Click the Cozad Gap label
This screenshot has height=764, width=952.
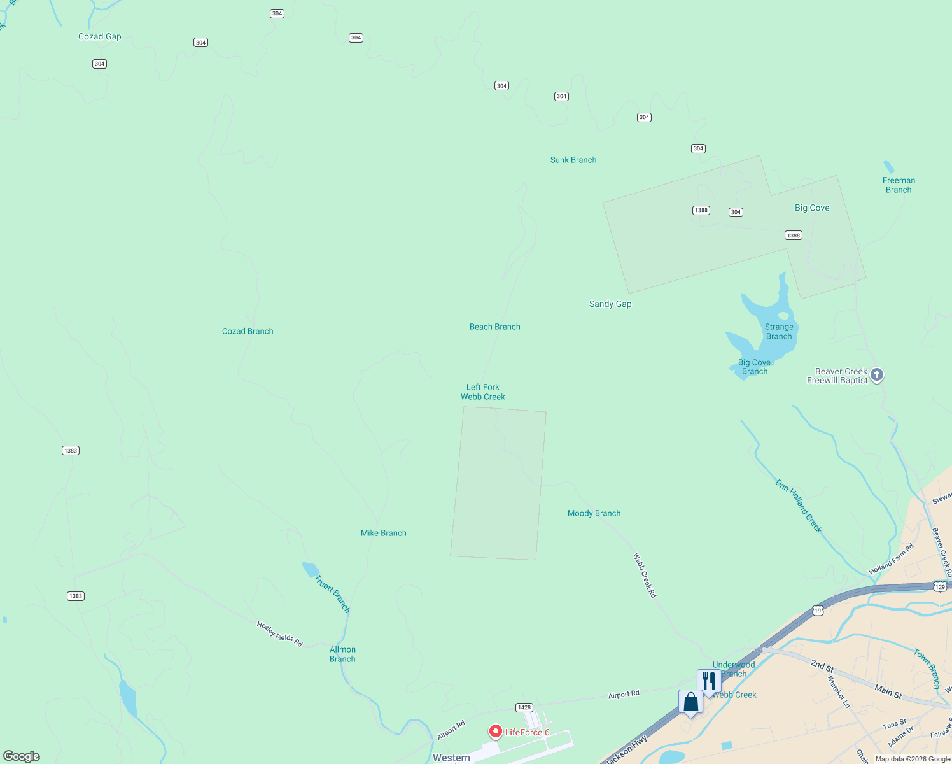(x=99, y=37)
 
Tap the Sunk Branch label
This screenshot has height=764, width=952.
(x=573, y=160)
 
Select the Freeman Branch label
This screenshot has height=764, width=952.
(x=899, y=185)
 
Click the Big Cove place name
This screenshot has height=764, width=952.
(x=812, y=208)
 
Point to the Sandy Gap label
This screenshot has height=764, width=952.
(x=610, y=304)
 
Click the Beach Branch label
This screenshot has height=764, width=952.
(x=495, y=327)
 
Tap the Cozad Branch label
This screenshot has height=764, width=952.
(x=248, y=332)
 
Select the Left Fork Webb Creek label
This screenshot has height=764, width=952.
(x=483, y=392)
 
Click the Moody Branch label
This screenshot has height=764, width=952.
(x=594, y=514)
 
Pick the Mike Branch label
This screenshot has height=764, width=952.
(x=383, y=534)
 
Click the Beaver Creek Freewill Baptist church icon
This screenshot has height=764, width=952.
(x=877, y=375)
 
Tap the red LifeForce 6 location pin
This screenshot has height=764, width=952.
(x=495, y=732)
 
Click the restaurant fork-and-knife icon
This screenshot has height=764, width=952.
(x=709, y=681)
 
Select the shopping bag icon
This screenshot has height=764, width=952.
(x=691, y=702)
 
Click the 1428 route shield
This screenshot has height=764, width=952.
(x=524, y=707)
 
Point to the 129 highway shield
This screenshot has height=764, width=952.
(x=940, y=587)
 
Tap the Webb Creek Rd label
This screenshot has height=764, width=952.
(x=644, y=575)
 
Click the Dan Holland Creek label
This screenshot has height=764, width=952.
(x=799, y=506)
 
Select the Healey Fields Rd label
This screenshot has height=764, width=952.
(x=279, y=634)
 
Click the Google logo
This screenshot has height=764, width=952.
(x=22, y=756)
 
